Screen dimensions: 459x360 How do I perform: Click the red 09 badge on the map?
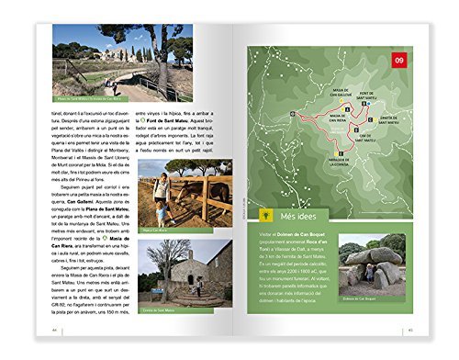[399, 62]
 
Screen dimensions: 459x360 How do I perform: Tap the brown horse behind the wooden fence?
[218, 192]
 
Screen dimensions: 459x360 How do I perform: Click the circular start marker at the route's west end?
[291, 113]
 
